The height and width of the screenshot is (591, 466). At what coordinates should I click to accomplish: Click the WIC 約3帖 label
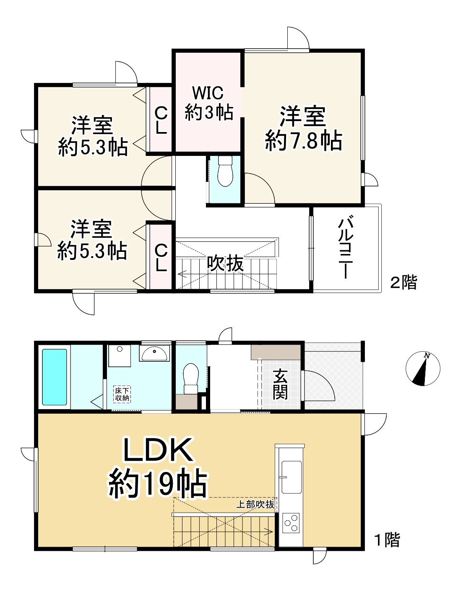209,103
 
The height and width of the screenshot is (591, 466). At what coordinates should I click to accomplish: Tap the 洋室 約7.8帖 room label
303,129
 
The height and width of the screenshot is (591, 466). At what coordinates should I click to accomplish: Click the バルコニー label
345,247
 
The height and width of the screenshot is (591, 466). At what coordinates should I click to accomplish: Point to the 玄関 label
280,384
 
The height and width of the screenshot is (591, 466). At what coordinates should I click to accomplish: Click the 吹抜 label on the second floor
225,264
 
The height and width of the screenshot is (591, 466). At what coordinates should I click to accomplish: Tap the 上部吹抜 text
255,504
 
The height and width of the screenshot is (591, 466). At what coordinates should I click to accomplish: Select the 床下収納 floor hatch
122,394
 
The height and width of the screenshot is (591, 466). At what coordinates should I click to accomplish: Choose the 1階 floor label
387,539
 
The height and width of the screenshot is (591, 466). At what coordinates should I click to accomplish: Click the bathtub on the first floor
55,377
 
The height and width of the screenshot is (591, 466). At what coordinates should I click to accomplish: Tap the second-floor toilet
225,171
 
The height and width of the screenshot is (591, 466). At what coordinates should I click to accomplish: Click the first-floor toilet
191,378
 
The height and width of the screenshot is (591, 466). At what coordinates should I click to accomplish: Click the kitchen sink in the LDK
291,477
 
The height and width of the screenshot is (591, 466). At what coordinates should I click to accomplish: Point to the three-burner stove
291,523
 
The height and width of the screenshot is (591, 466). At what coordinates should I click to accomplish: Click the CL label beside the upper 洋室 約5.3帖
161,120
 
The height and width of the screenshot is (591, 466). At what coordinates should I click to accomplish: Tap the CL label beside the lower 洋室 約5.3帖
161,257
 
